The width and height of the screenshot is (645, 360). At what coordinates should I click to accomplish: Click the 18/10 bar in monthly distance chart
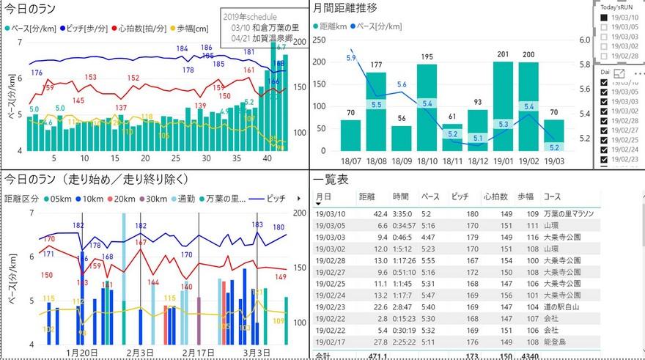tap(427, 110)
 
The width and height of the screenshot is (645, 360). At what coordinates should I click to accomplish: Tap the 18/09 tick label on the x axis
tap(401, 161)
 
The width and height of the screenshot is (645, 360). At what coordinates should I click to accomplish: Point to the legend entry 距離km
tap(334, 26)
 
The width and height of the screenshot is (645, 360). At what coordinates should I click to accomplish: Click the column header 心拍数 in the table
tap(496, 197)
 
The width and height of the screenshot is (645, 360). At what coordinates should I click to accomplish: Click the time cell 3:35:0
tap(403, 214)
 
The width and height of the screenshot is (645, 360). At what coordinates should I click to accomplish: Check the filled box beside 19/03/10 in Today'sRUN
tap(605, 17)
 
